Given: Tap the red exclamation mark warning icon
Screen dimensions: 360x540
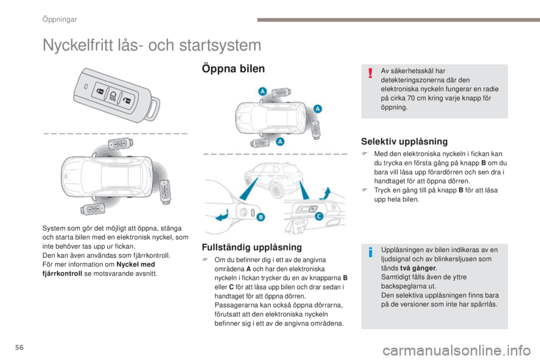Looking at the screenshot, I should point(370,72).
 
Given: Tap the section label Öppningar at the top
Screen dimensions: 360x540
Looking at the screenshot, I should point(60,19).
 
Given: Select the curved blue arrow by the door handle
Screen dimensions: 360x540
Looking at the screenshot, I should point(222,215).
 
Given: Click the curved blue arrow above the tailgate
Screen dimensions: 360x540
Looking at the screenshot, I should point(325,193).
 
